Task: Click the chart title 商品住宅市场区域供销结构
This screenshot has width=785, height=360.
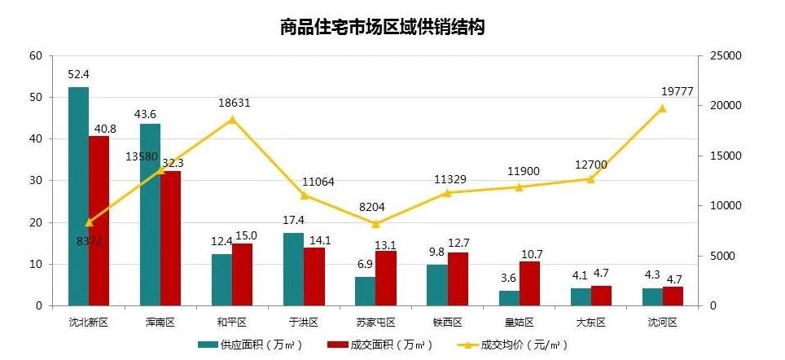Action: pos(382,28)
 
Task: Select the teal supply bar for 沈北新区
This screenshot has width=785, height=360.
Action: pos(78,196)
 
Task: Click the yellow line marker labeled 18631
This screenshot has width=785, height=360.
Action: pos(232,119)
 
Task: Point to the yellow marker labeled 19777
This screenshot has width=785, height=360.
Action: pos(662,108)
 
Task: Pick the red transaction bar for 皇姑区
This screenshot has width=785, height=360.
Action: pos(528,283)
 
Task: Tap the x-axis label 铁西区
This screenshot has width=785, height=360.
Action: pos(447,323)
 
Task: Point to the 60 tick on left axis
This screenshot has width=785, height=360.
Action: pos(34,55)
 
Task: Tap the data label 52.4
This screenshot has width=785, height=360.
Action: pos(78,75)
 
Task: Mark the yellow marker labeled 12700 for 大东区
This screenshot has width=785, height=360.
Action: pos(590,179)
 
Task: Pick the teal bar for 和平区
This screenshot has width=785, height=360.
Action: pos(221,280)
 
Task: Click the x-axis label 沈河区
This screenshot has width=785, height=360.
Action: pos(662,323)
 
